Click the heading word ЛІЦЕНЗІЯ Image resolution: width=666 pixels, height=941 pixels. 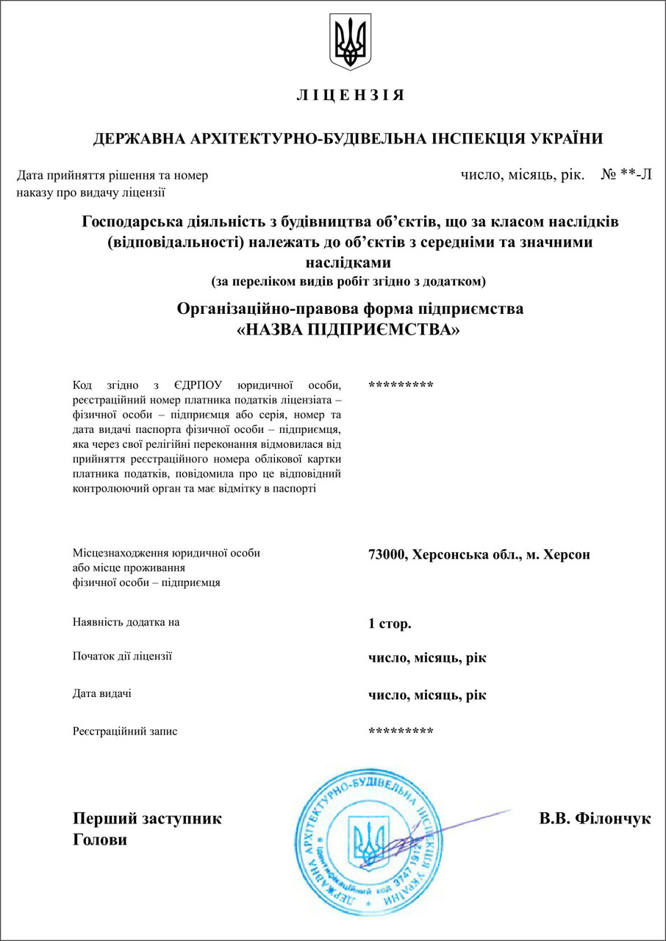point(351,96)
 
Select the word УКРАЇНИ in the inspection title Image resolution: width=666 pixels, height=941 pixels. point(567,139)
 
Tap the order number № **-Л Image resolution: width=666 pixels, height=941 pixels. point(626,175)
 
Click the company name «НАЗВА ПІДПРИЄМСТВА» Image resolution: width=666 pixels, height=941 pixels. point(349,329)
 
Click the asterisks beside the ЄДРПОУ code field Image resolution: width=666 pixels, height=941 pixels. point(401,385)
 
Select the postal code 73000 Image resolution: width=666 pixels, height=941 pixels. point(387,555)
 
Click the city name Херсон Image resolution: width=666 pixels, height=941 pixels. point(566,555)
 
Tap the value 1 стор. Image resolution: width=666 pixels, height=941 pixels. point(390,624)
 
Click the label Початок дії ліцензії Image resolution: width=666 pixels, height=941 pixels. point(123,656)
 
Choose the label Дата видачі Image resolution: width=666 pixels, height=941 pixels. point(102,693)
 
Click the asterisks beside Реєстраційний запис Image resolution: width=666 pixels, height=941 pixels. point(401,731)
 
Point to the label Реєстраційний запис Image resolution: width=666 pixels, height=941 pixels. point(125,731)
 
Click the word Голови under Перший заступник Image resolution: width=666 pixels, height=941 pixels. point(100,840)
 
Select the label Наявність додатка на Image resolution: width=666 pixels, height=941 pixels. point(126,622)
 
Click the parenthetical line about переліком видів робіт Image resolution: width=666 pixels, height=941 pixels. point(349,282)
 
